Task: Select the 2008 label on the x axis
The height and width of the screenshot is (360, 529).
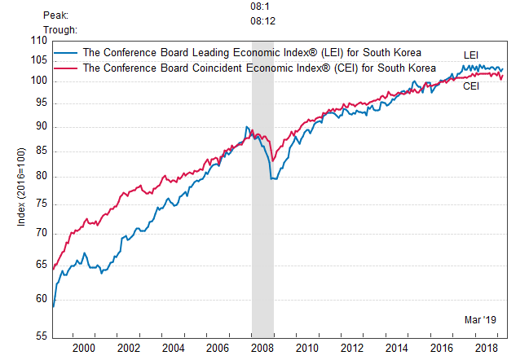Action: coord(262,349)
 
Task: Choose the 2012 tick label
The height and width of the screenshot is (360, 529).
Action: coord(352,349)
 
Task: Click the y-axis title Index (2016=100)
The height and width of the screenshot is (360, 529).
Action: coord(22,188)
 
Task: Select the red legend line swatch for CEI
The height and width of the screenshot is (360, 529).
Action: coord(68,68)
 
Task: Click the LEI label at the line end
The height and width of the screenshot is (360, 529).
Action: coord(471,55)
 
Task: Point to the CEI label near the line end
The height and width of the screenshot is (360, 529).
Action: coord(471,86)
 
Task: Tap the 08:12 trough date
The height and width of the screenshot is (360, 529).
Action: coord(262,23)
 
